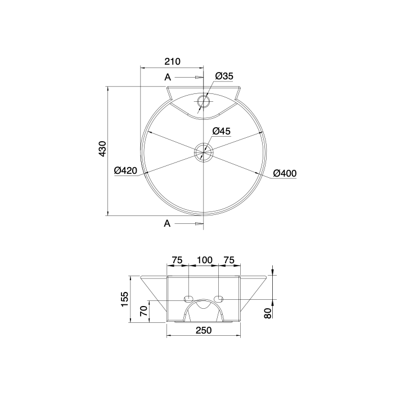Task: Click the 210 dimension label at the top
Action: [x=172, y=61]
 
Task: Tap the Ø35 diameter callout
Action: [x=224, y=76]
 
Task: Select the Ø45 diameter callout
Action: [x=222, y=131]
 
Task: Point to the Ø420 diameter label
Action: [x=125, y=170]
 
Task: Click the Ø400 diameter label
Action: [x=285, y=173]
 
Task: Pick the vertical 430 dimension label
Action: [x=102, y=148]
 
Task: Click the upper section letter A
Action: [x=168, y=77]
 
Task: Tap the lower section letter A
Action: [x=168, y=223]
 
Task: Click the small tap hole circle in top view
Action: [x=204, y=101]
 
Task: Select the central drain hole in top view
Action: [x=204, y=152]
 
